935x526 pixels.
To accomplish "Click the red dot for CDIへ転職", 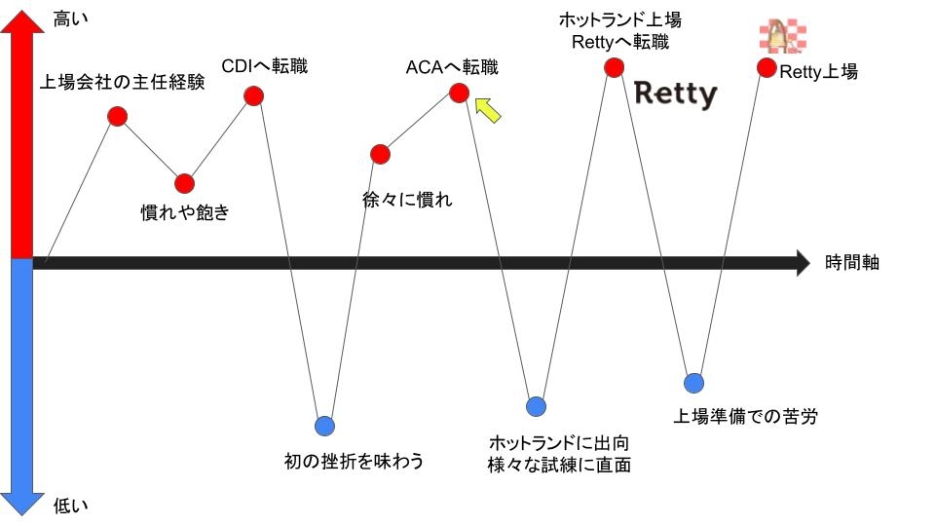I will pos(254,95).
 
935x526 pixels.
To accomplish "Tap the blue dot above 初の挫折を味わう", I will pos(325,426).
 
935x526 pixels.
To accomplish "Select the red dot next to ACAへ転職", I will pos(459,93).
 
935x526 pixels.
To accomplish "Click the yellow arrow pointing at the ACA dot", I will pos(488,109).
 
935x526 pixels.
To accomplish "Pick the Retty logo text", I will pos(675,94).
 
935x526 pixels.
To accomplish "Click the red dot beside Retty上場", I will pos(767,68).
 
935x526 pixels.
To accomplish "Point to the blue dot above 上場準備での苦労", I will pos(693,383).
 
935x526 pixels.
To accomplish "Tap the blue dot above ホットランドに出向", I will pos(536,406).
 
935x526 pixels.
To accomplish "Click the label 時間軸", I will pos(852,262).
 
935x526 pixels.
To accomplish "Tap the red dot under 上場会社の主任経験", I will pos(118,117).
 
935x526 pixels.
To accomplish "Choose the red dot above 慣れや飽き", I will pos(185,183).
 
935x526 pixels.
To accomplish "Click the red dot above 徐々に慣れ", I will pos(381,154).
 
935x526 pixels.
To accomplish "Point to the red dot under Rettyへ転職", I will pos(614,67).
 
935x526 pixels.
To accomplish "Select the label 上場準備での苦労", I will pos(746,417).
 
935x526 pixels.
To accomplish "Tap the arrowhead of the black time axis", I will pos(803,263).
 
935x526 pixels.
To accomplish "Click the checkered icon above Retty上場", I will pos(783,36).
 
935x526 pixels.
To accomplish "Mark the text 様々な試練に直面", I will pos(559,465).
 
